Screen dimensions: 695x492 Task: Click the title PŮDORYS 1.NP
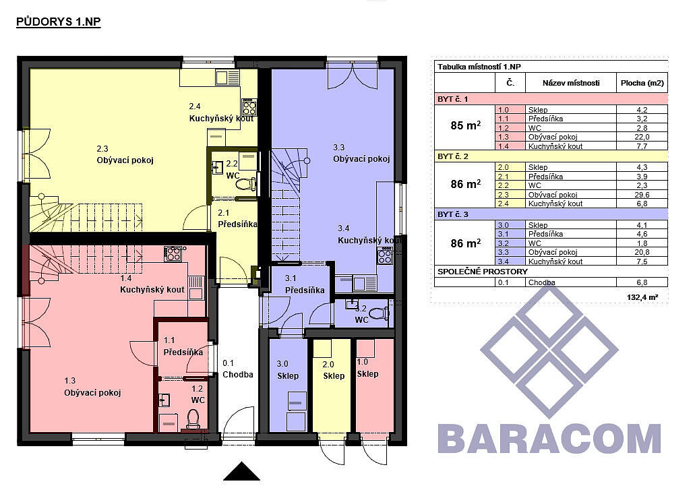coord(59,22)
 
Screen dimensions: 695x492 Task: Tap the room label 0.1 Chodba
coord(237,369)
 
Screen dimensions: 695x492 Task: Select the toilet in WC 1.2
coord(193,419)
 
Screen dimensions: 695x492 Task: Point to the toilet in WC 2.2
coord(247,183)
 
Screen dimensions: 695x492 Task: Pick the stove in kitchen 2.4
coord(249,107)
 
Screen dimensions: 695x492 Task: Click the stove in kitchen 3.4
coord(385,255)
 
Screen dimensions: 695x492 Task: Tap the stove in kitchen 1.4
coord(173,253)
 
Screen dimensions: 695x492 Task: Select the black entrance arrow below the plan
coord(241,471)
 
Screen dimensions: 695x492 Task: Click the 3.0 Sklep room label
coord(288,369)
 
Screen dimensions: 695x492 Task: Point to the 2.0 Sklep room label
coord(333,370)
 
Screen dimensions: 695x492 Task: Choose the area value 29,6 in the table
coord(641,195)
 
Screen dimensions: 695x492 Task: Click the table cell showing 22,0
coord(641,137)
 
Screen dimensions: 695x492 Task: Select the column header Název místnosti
coord(570,83)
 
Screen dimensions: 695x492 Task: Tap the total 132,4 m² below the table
coord(642,297)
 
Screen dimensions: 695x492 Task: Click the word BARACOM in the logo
coord(549,438)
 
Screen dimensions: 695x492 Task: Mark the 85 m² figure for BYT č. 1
coord(465,125)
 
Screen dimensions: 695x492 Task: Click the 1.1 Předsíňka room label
coord(183,346)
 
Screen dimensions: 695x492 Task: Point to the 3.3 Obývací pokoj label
coord(361,154)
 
